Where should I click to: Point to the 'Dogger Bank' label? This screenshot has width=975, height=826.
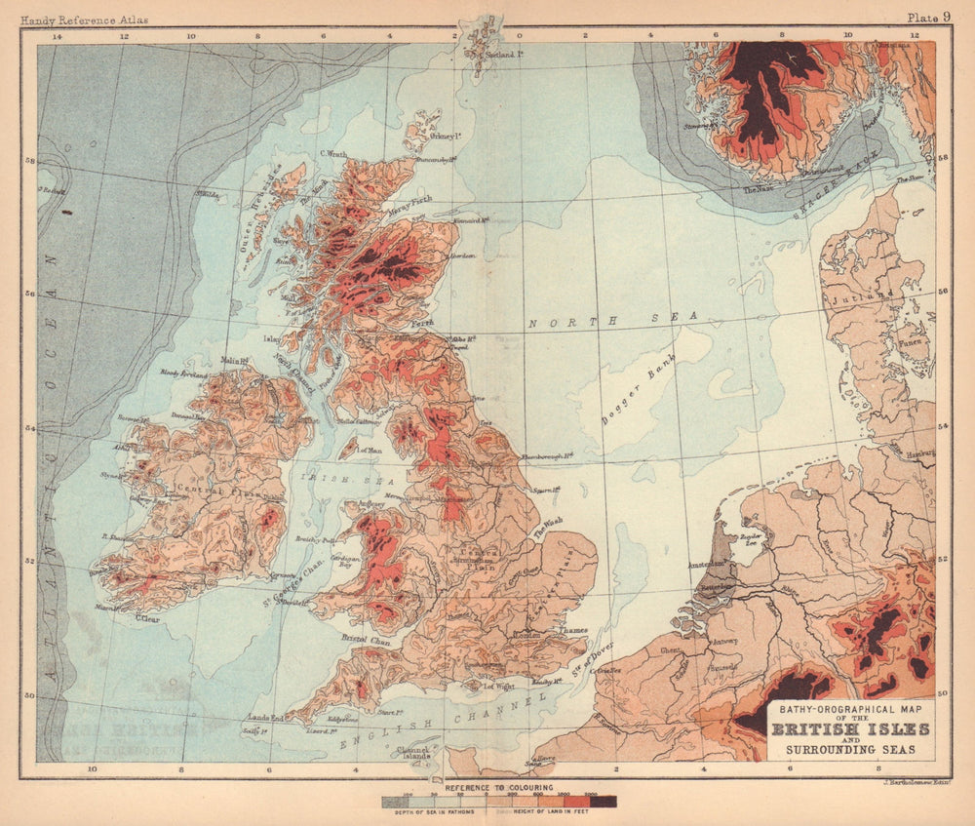click(x=639, y=380)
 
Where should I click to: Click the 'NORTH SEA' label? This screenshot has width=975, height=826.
click(x=613, y=319)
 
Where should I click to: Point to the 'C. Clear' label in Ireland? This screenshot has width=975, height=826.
click(x=147, y=616)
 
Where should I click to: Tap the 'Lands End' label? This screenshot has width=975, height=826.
click(x=264, y=718)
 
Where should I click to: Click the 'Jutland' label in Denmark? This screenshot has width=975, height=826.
click(x=875, y=294)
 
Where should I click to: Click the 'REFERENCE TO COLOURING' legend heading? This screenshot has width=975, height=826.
click(x=499, y=786)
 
